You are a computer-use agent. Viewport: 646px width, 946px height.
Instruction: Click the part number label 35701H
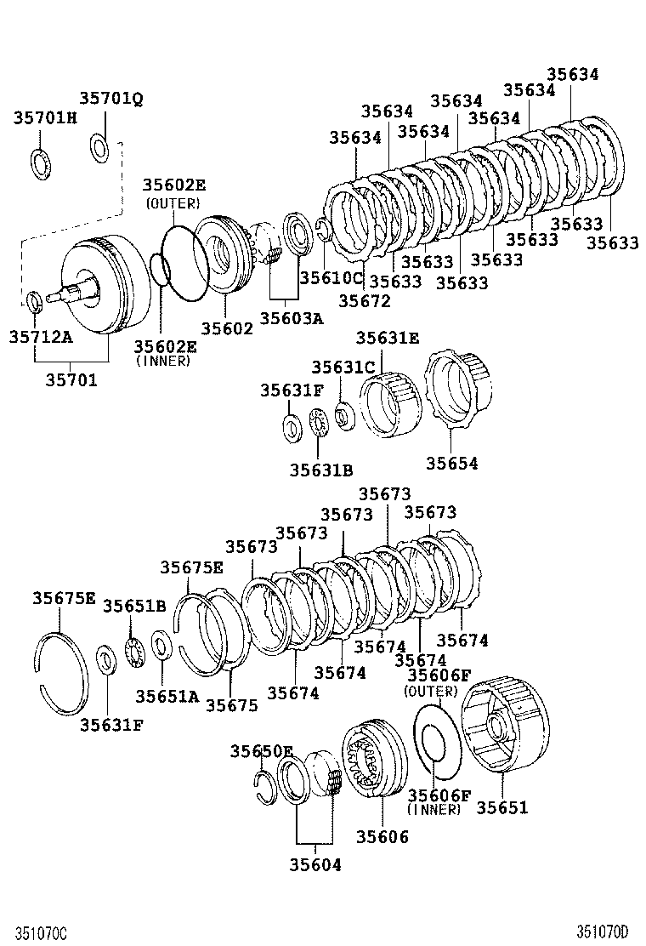tap(44, 117)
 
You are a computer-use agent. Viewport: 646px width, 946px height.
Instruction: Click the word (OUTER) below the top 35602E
tap(173, 203)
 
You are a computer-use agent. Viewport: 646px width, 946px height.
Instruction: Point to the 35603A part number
tap(292, 317)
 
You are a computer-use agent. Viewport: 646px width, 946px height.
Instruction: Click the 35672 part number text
tap(364, 299)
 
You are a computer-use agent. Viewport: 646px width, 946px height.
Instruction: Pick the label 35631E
tap(388, 338)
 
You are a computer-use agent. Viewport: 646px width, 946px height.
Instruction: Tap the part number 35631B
tap(320, 470)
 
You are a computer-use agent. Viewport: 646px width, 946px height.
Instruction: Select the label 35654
tap(452, 464)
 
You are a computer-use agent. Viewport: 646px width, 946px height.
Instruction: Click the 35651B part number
tap(134, 606)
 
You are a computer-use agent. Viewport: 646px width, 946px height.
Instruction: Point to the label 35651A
tap(167, 696)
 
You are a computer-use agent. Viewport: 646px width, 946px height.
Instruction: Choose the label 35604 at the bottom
tap(314, 865)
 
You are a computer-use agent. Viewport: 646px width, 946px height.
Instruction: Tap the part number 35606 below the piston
tap(377, 837)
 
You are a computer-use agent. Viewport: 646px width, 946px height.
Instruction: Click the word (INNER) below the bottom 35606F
tap(433, 811)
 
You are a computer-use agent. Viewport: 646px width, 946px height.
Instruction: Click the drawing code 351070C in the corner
tap(35, 932)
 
